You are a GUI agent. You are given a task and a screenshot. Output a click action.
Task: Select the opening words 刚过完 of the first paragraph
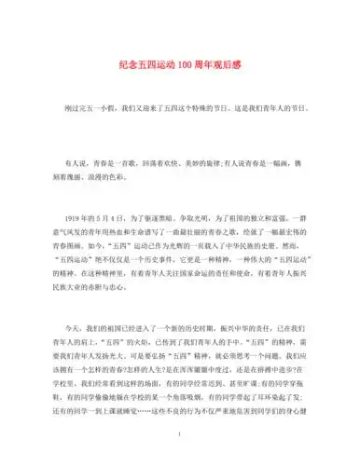tap(76, 109)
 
